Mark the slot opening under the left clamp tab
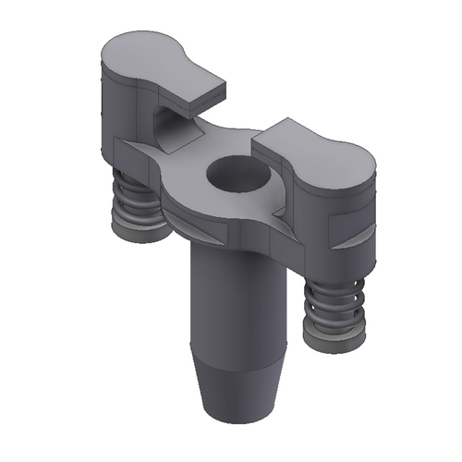point(166,120)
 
